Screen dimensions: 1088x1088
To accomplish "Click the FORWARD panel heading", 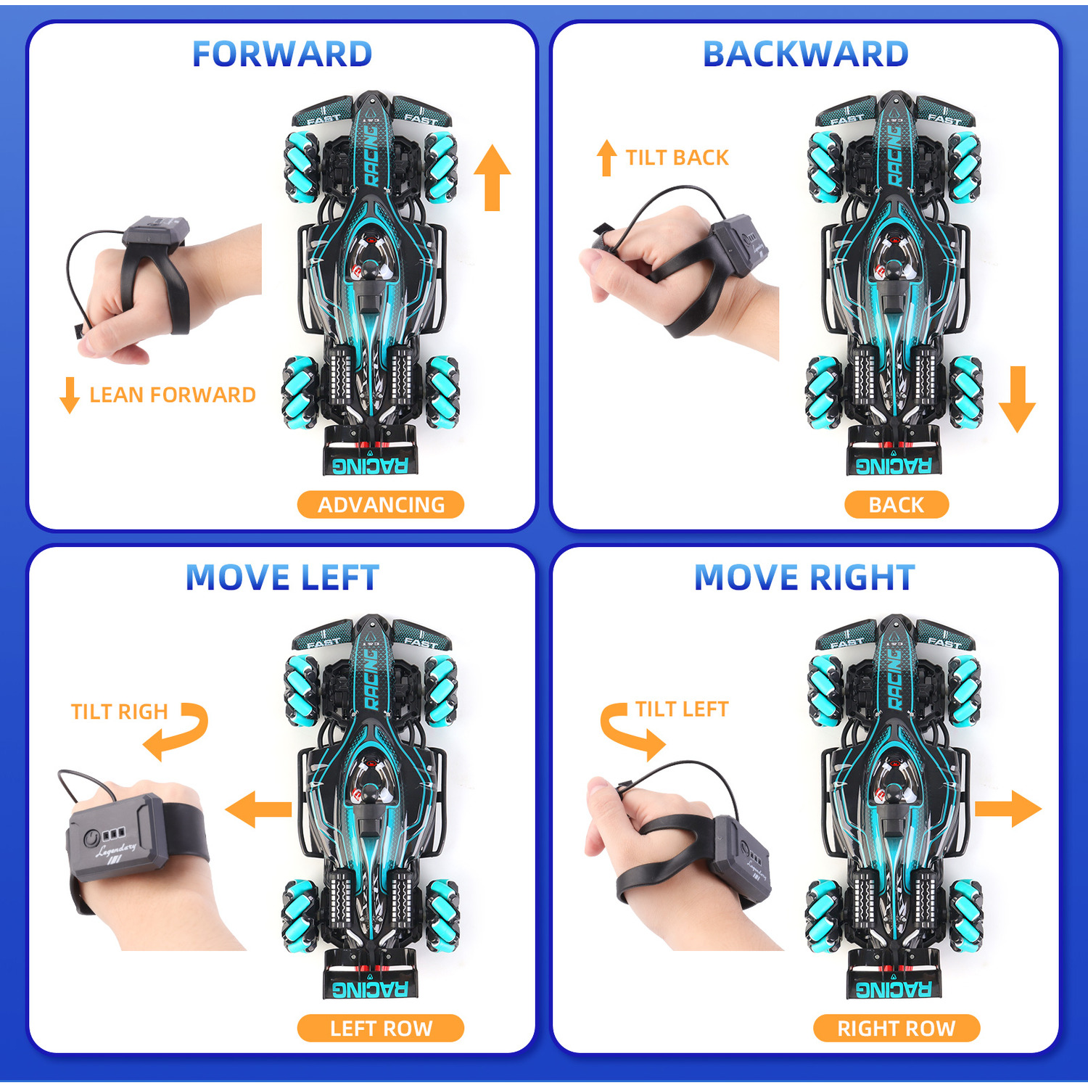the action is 282,54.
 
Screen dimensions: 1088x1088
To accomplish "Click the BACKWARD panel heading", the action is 806,54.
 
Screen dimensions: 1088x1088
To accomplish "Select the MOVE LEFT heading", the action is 282,578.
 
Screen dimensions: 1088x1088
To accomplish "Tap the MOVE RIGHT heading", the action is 804,578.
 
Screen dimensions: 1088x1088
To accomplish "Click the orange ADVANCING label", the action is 381,505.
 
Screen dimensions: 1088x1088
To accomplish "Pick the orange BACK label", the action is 897,505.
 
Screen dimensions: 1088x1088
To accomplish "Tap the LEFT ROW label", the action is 381,1029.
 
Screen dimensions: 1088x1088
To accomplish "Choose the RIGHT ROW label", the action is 897,1029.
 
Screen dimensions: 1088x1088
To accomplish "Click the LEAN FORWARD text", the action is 173,395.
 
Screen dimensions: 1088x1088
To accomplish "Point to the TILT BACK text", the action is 677,158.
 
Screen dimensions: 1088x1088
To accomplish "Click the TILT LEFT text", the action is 683,709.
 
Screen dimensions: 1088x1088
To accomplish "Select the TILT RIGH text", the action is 120,712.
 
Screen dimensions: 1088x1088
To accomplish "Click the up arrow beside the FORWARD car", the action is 493,178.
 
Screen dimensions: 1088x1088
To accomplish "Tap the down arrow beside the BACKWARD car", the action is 1017,400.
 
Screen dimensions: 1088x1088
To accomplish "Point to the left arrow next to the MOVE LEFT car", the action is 259,809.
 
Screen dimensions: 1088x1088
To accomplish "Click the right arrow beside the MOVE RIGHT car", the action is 1008,809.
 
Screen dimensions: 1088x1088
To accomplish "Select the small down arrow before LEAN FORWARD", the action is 70,395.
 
